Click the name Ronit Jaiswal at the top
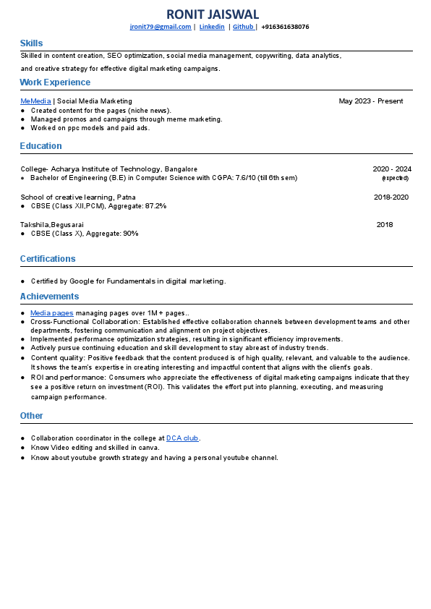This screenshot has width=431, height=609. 213,14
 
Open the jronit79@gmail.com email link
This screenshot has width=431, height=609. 161,27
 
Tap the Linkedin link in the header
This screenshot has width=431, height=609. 212,27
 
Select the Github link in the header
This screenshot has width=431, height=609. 243,27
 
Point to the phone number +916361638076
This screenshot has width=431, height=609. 285,27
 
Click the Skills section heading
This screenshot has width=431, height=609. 31,43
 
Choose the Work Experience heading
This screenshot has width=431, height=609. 55,82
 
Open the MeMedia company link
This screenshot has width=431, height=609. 35,101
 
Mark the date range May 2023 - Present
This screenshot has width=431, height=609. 370,101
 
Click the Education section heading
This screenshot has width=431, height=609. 40,146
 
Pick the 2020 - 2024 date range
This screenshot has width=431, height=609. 392,169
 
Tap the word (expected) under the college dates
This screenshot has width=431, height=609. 395,178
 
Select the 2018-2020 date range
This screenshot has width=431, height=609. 391,197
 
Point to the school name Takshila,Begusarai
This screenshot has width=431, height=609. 51,225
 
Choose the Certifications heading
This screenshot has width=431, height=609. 48,259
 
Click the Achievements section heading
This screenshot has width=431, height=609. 49,297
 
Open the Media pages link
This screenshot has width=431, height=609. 51,312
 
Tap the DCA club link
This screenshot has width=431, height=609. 182,438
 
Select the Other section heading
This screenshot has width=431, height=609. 31,416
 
